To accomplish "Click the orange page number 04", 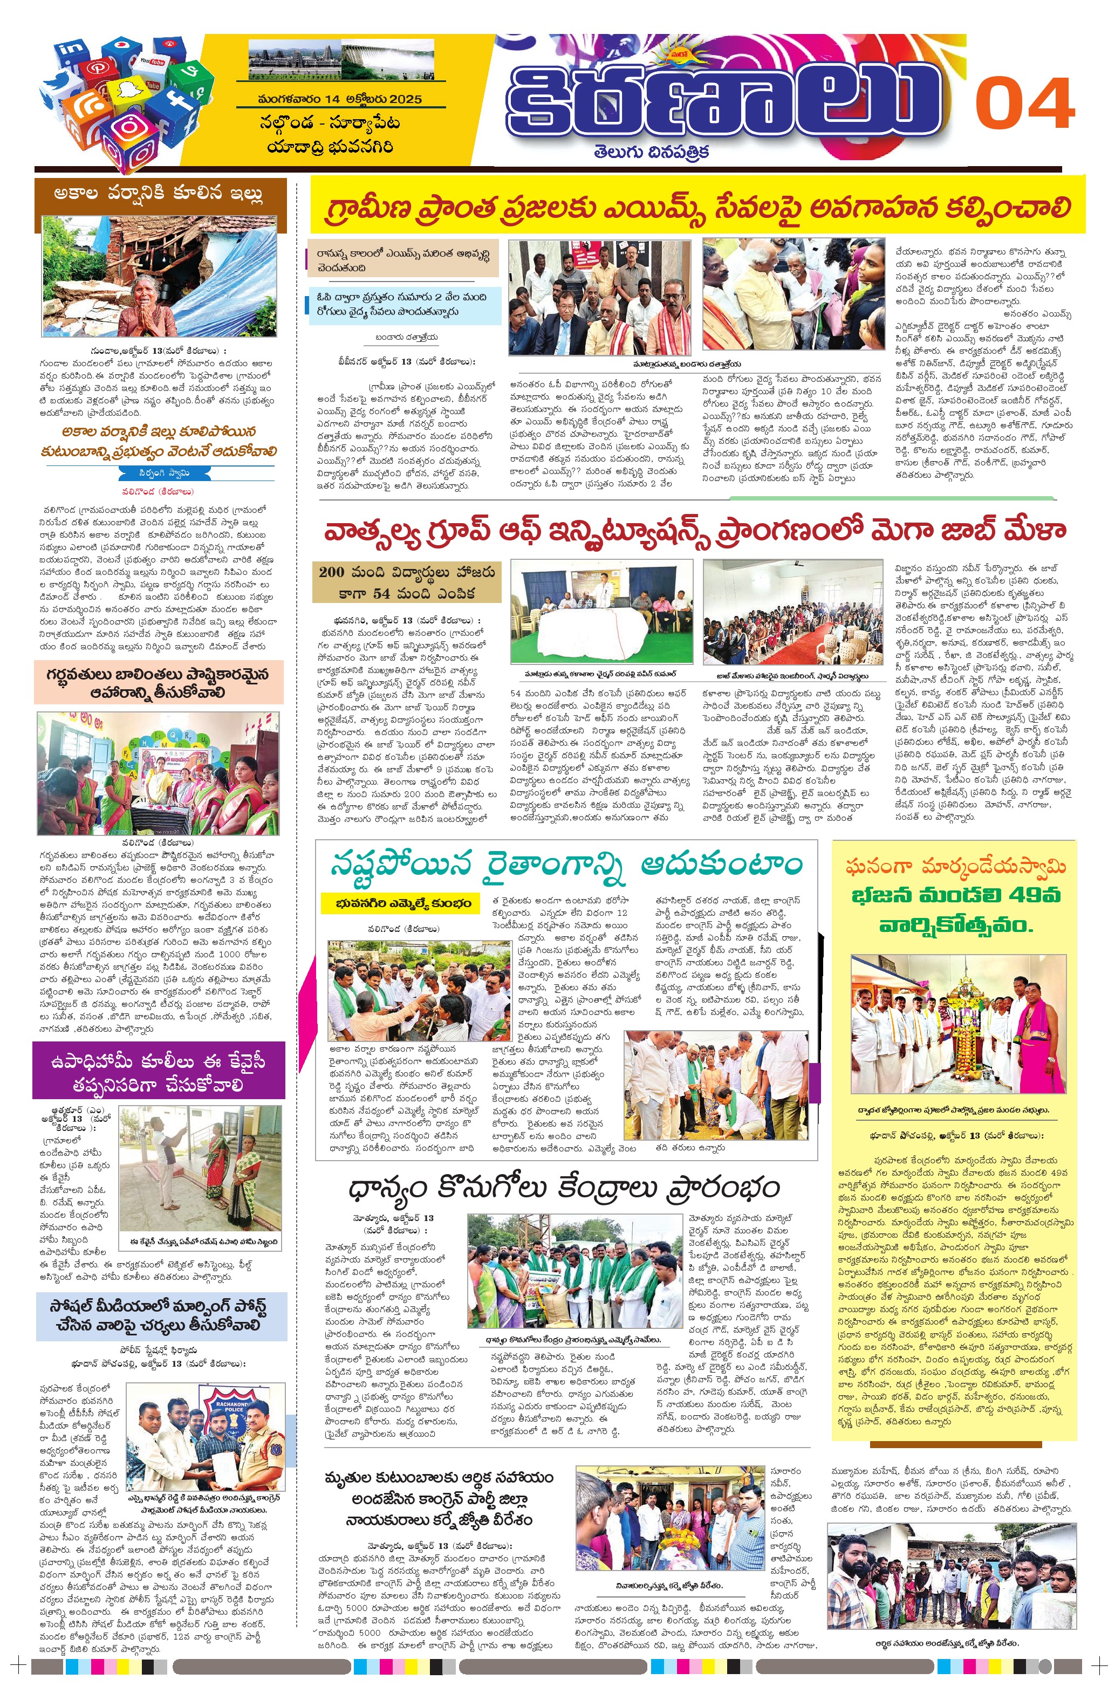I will [x=1025, y=104].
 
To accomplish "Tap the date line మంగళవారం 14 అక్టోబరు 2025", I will [x=339, y=99].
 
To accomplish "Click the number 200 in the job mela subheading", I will [x=332, y=572].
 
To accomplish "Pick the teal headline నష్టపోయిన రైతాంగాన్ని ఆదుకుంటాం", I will [x=566, y=864].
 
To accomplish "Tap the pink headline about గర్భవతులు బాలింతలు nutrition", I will [x=158, y=683].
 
